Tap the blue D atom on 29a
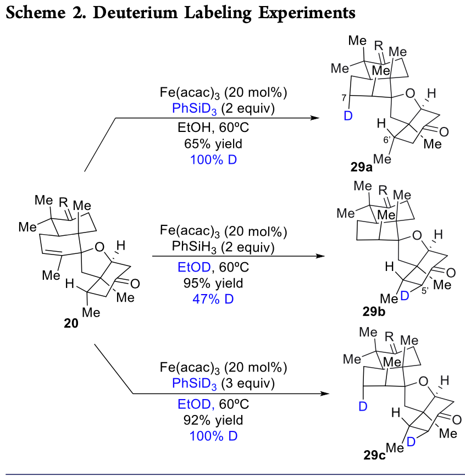pos(347,117)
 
